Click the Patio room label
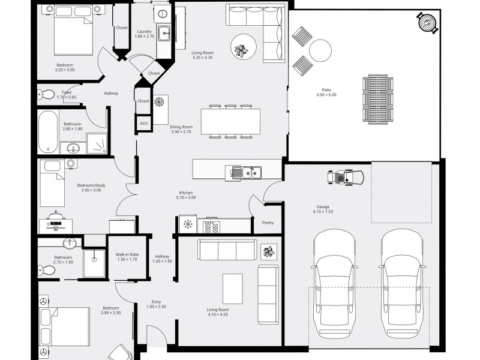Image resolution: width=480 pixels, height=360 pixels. tap(326, 90)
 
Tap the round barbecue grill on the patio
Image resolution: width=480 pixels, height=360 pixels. tap(427, 22)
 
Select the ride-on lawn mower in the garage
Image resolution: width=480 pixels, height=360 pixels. tap(346, 177)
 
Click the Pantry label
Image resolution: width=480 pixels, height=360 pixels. tap(268, 223)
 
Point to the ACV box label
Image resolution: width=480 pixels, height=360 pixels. tap(143, 124)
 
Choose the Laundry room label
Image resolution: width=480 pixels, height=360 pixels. tap(144, 32)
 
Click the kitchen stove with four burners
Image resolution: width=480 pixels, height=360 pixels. tap(212, 226)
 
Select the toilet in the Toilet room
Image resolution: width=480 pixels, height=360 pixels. tap(46, 95)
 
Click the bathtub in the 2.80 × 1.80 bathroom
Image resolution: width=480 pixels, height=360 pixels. tap(48, 132)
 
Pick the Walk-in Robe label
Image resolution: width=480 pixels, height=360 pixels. tap(127, 254)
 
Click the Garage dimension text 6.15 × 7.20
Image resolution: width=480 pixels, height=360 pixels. tap(323, 212)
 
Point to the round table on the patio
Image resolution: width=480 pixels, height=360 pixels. tap(320, 50)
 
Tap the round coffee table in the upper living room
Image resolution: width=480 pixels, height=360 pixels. tap(244, 47)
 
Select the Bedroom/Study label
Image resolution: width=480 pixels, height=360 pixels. tap(91, 185)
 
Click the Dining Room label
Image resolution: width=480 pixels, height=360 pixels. tap(181, 127)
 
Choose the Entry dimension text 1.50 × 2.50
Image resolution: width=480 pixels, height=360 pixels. tap(156, 307)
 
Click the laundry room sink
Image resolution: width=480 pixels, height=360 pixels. tap(164, 32)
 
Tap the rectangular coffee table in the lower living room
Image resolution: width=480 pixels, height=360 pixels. tap(233, 289)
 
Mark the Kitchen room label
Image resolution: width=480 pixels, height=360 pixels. tap(186, 193)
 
